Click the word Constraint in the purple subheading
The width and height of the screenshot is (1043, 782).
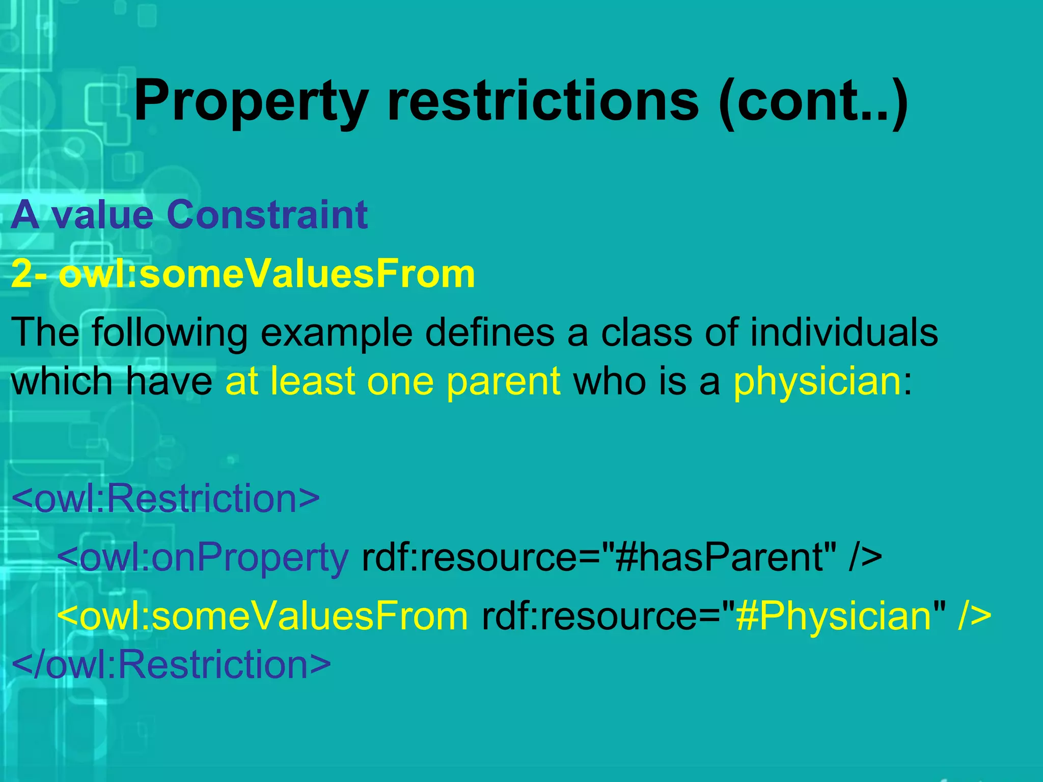267,215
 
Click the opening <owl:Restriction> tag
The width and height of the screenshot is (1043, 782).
166,498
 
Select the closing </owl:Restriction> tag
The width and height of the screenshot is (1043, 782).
171,664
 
